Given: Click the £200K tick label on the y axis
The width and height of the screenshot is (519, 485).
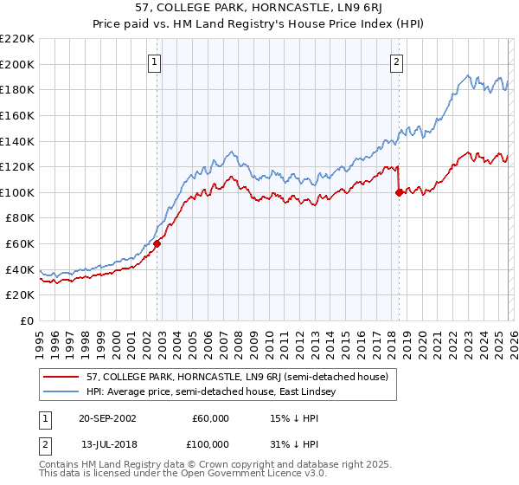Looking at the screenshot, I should [17, 64].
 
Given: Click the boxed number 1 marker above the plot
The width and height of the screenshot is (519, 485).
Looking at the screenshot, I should [155, 61].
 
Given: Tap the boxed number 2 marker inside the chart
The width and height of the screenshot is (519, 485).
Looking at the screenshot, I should [396, 61].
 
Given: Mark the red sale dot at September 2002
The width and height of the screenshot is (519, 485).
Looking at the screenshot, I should [157, 244].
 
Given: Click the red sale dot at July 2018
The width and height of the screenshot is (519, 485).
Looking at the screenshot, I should [399, 193].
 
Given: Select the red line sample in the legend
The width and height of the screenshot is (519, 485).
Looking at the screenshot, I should [61, 377].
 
